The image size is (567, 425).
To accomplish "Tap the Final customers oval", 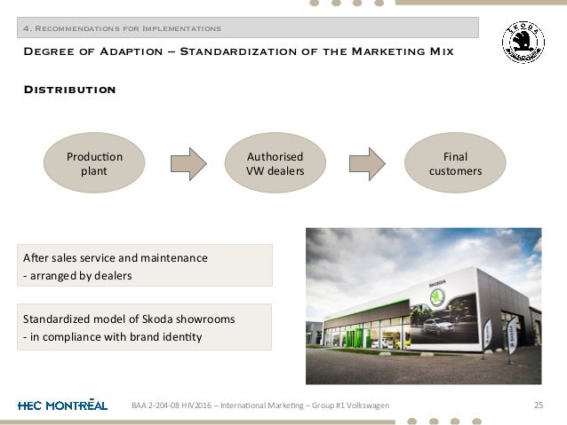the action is (x=457, y=166).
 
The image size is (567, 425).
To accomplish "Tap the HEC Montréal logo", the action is (x=62, y=405).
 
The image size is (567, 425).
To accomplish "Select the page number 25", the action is (x=537, y=405).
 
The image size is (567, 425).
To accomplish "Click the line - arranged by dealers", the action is (x=80, y=276).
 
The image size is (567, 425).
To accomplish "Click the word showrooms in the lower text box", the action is (x=217, y=319).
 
